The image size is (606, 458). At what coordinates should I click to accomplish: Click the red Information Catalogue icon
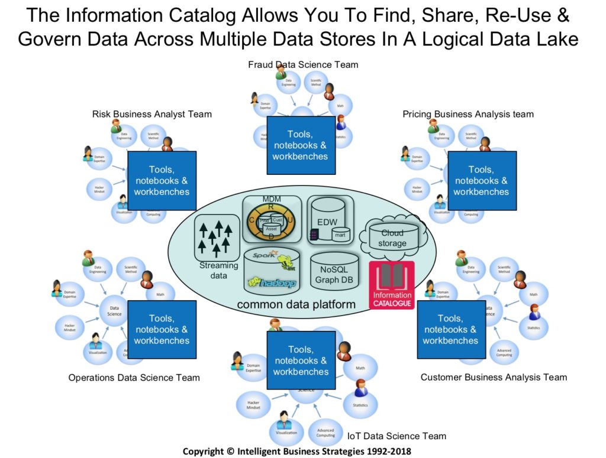391,284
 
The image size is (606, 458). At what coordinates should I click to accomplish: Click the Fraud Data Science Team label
303,64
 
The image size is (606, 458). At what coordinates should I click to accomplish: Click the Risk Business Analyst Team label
152,114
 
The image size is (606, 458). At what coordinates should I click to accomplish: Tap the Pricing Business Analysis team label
468,114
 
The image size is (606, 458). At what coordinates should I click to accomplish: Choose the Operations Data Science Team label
134,378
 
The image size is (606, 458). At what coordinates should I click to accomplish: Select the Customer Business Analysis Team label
494,377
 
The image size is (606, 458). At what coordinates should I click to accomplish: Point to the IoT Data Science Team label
397,436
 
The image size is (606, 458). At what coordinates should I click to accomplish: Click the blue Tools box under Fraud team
301,145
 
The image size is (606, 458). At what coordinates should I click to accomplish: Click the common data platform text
296,305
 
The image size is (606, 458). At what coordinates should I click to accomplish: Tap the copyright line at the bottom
296,451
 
